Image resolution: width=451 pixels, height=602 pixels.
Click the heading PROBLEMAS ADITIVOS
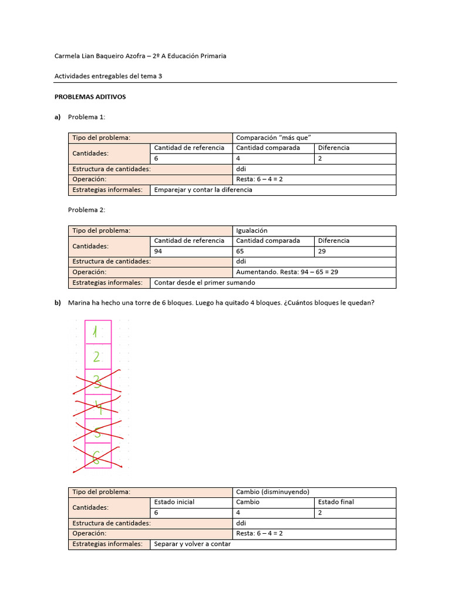point(90,96)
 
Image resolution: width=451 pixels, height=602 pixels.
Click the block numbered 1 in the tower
point(98,332)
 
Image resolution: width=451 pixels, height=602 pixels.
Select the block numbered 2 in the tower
point(98,357)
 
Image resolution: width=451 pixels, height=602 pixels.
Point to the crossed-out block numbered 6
point(98,456)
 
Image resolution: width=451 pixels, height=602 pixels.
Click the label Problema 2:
point(86,210)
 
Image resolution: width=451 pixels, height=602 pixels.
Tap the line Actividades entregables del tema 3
point(108,76)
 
